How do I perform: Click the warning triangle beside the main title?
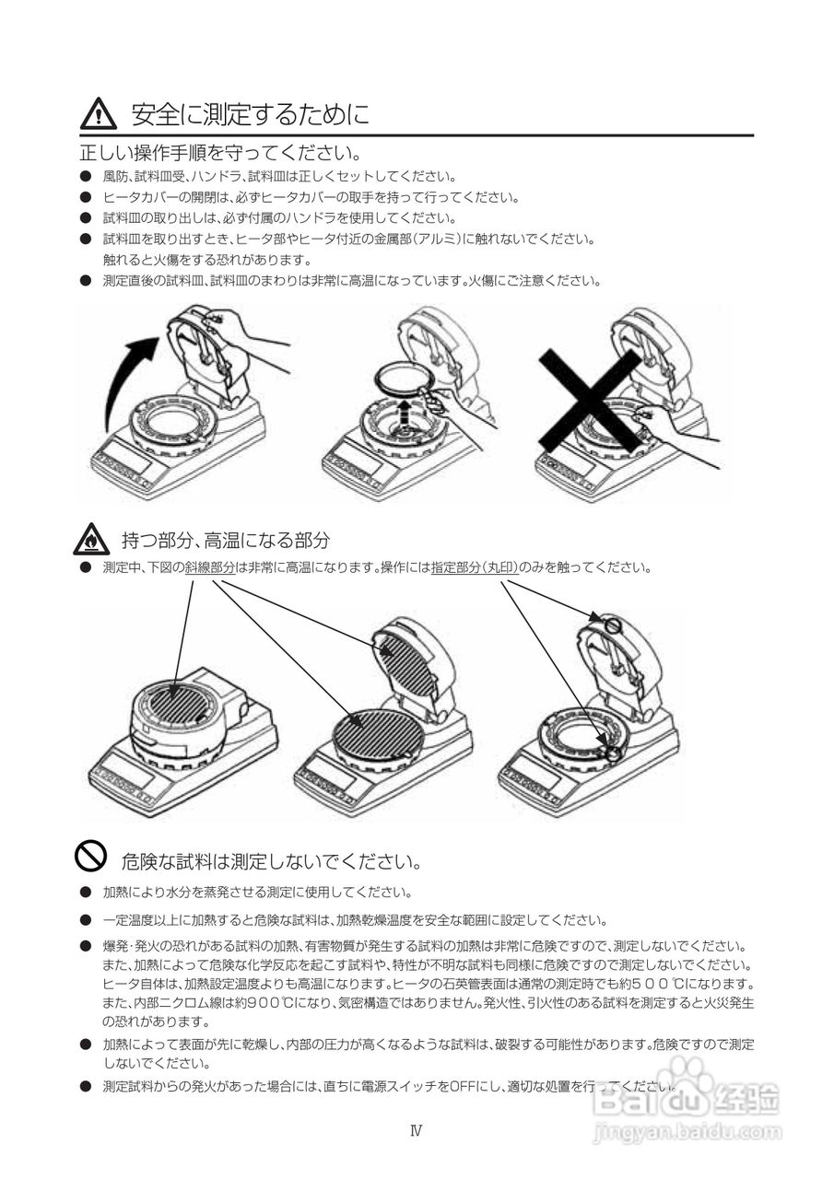click(99, 115)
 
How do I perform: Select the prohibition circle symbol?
click(90, 856)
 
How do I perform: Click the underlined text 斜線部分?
click(210, 568)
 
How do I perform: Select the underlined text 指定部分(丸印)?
click(475, 568)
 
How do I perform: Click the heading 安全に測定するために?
click(250, 115)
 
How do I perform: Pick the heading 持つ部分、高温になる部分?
click(227, 540)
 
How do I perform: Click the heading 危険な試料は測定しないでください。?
click(272, 861)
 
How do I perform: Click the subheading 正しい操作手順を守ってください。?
click(220, 154)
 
